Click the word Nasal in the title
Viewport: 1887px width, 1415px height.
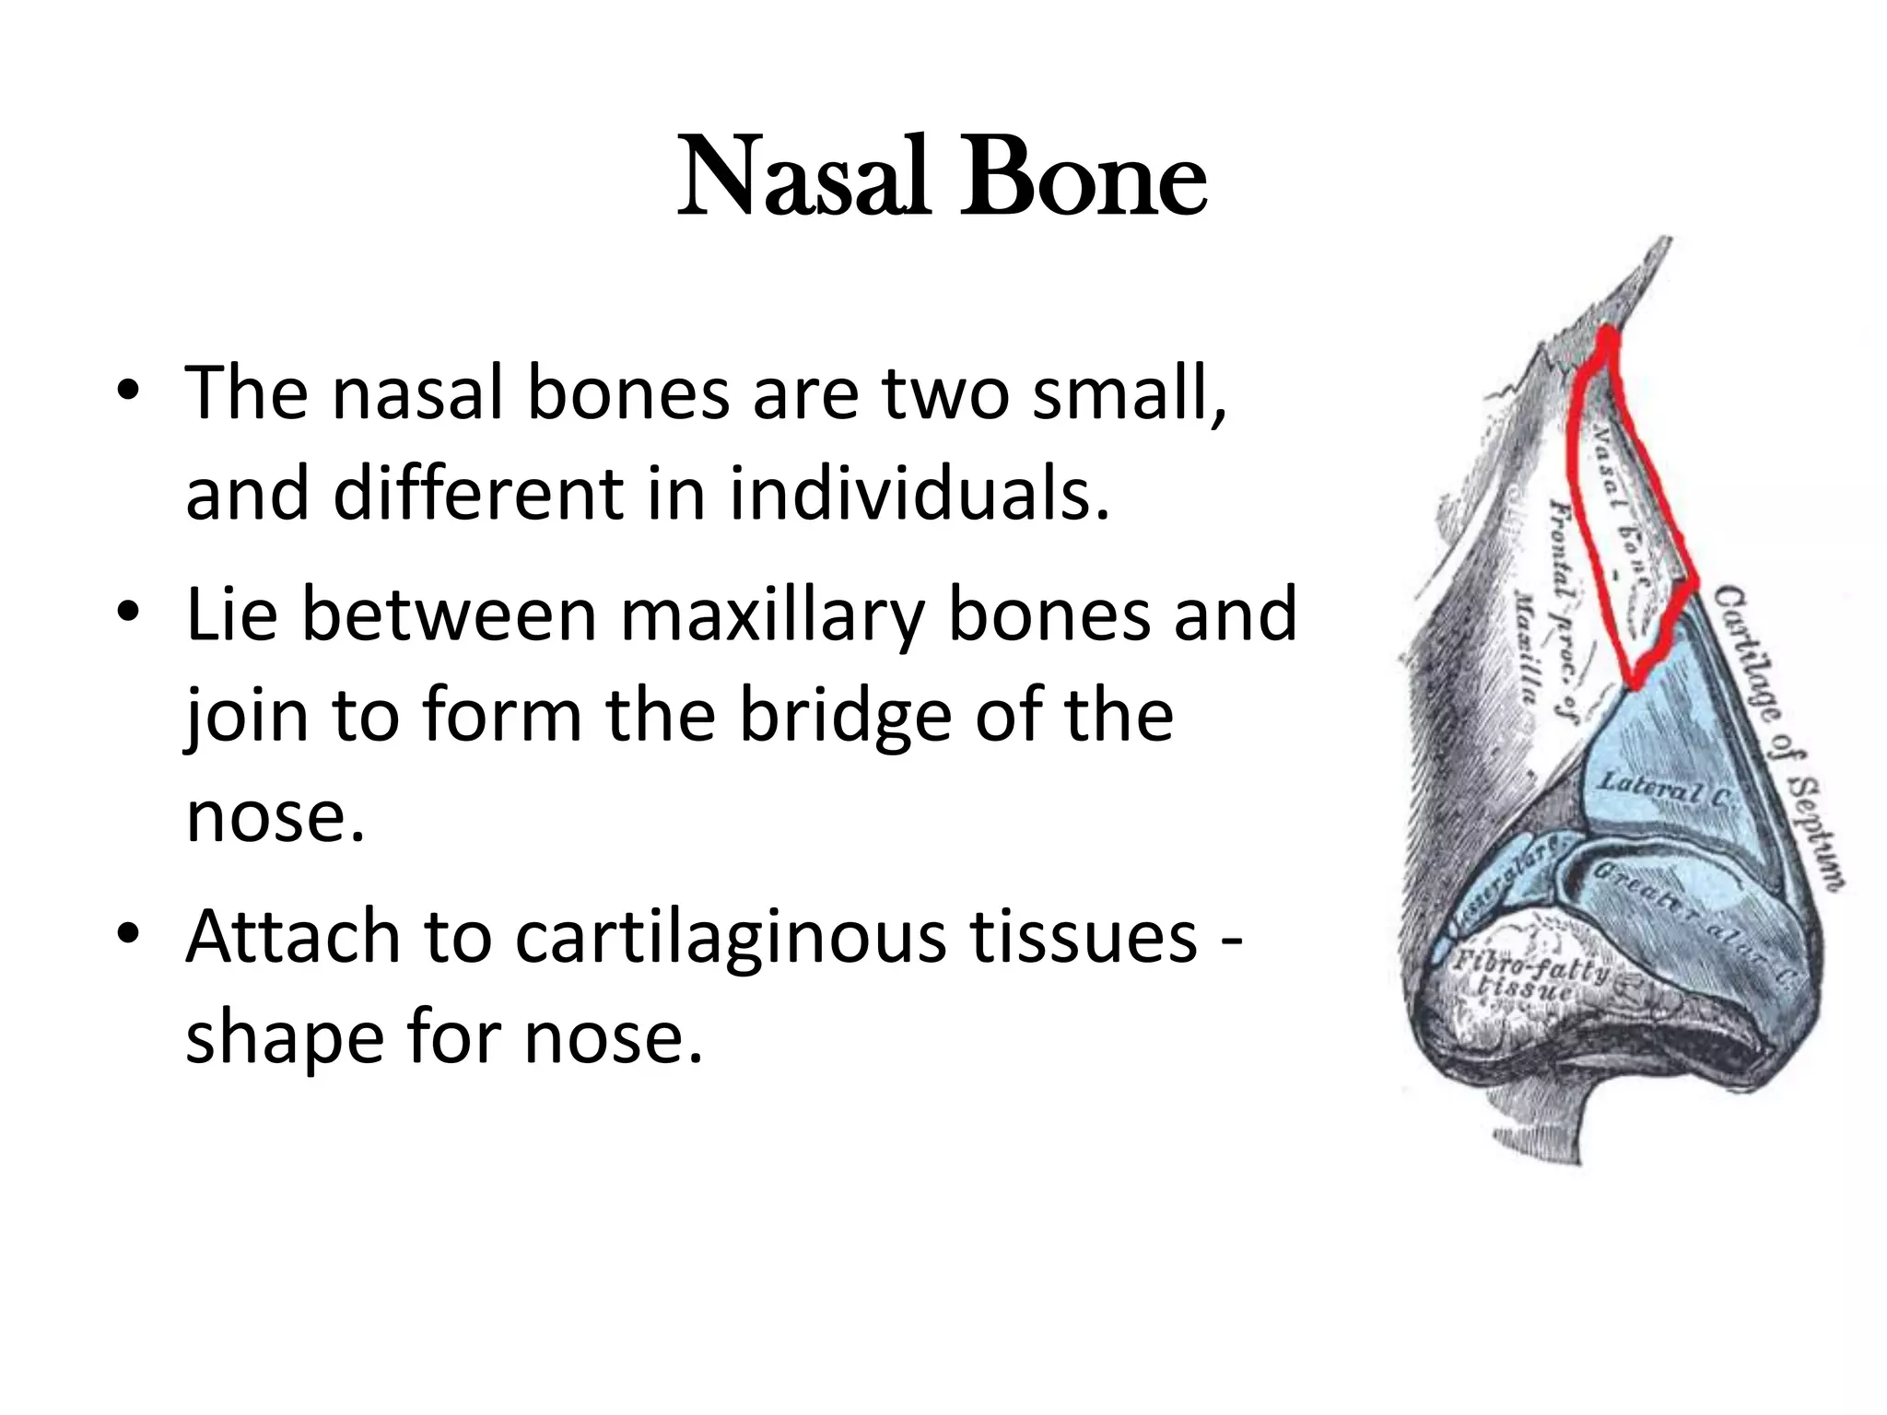(802, 177)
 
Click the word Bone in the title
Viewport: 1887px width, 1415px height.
(1083, 177)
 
